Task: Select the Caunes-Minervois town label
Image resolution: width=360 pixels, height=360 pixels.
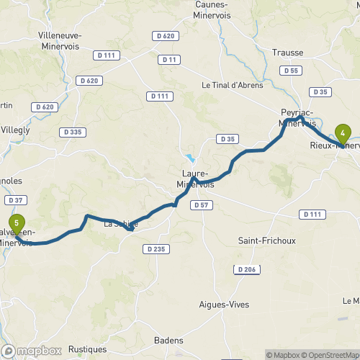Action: point(217,9)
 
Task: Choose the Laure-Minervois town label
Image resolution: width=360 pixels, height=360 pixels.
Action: point(195,179)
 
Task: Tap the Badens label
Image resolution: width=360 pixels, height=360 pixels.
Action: point(169,341)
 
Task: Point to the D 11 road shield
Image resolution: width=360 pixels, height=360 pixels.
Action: point(170,59)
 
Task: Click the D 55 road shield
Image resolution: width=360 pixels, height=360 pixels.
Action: point(292,71)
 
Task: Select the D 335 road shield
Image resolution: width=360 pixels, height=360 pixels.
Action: point(73,132)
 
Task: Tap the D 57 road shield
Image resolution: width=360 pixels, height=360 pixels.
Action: point(202,205)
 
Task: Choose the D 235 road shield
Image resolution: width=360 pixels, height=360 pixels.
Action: point(155,249)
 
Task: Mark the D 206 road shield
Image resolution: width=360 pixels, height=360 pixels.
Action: point(246,269)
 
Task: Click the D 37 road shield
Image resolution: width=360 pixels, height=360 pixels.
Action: point(15,200)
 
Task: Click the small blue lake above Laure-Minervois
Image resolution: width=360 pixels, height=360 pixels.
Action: point(190,158)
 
